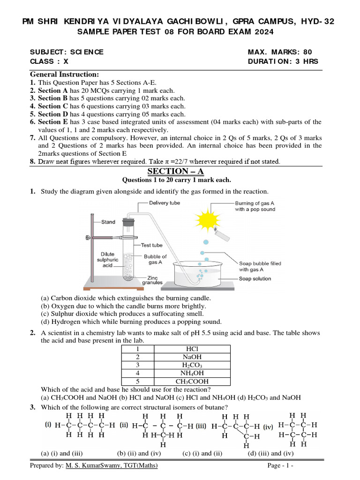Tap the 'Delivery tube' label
point(165,203)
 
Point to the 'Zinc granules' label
point(152,280)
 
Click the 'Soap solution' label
point(255,278)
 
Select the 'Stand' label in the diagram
point(108,222)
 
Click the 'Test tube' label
point(151,245)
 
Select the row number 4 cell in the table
point(138,373)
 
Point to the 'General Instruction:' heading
point(64,75)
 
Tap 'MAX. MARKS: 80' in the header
point(279,52)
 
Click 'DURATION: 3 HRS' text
point(283,61)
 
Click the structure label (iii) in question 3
point(201,426)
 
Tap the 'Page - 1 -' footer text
point(280,465)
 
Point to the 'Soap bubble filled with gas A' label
point(260,266)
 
